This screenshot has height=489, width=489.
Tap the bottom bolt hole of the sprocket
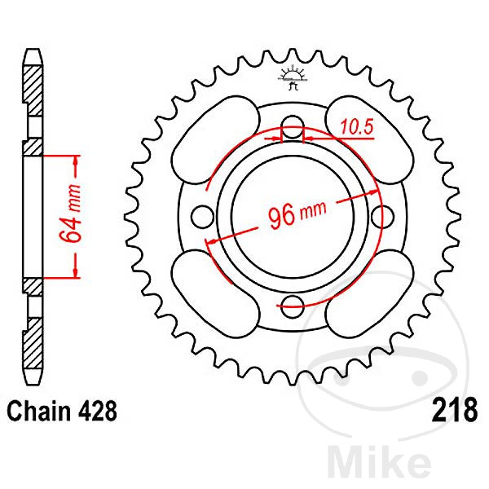pyautogui.click(x=293, y=306)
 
